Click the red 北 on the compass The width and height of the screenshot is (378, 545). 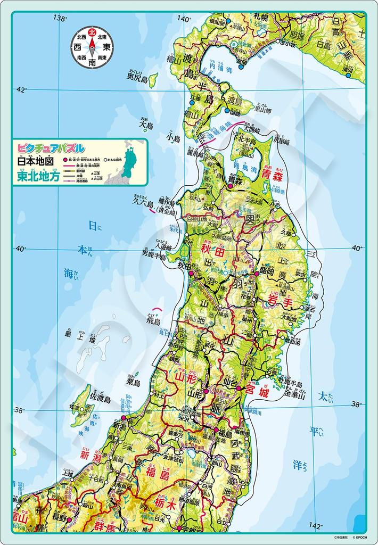(92, 32)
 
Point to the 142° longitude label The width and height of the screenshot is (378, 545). (316, 526)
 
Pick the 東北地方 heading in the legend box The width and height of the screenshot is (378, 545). (40, 177)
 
